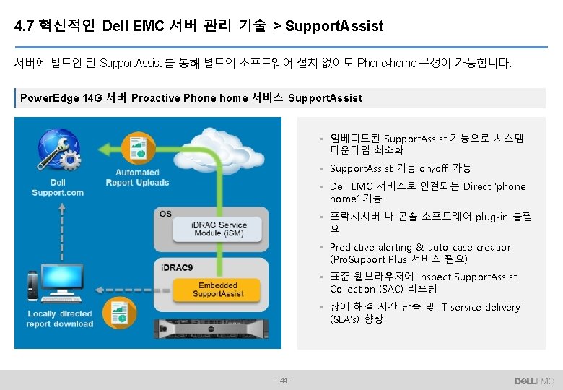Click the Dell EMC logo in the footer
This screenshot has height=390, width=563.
point(534,381)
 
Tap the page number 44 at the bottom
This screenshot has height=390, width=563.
point(284,381)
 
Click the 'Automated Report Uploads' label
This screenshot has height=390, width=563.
point(137,178)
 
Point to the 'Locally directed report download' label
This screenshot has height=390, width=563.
point(61,319)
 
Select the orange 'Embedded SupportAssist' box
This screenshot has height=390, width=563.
point(219,290)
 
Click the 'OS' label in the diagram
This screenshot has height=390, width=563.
point(166,214)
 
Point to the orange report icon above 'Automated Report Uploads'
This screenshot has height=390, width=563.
point(136,147)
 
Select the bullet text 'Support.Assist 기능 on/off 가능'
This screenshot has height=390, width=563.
point(400,168)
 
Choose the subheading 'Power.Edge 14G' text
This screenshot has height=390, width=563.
point(61,98)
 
